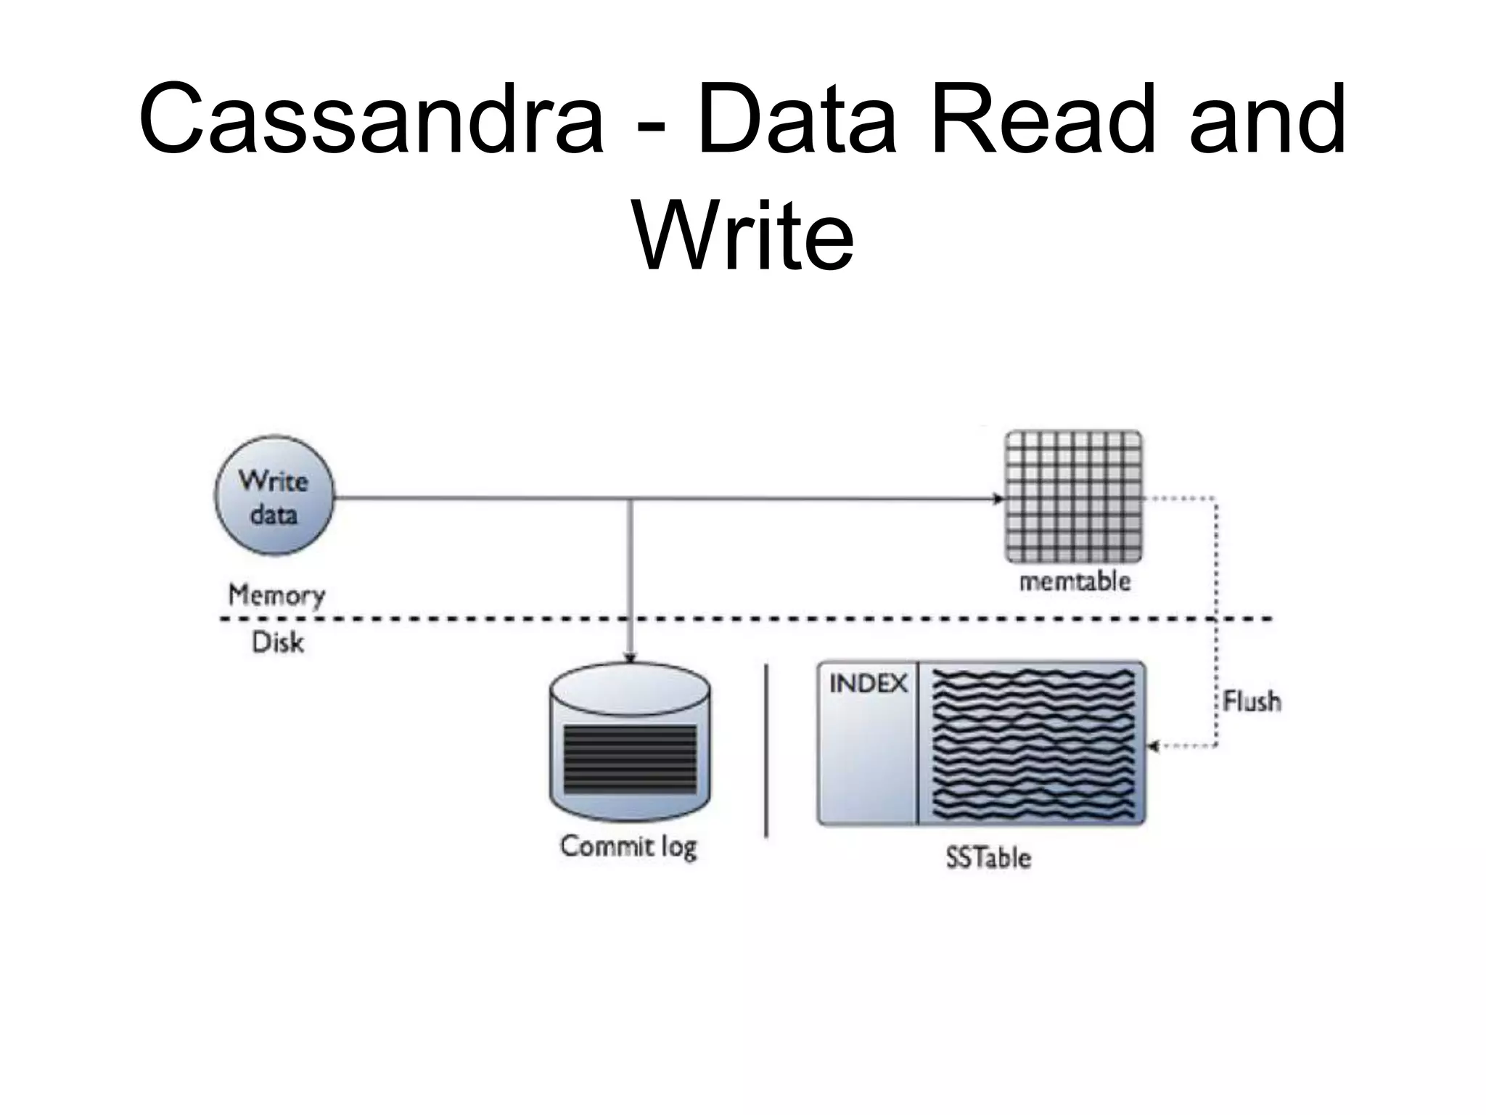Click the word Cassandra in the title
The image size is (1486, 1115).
[371, 120]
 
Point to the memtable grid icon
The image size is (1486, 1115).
[1073, 497]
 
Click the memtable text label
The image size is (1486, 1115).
[1075, 582]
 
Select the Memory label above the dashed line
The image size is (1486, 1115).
[276, 595]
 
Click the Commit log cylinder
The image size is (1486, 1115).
[630, 744]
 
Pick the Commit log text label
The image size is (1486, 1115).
[628, 846]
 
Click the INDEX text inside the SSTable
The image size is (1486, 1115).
[868, 684]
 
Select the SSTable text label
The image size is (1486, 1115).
[988, 858]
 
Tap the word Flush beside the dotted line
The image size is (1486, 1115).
[1252, 701]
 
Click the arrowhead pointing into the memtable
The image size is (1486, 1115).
[999, 499]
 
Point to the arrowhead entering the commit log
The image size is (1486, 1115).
[630, 658]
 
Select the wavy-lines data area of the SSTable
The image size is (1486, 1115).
[1032, 744]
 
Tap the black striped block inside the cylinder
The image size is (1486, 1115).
[630, 759]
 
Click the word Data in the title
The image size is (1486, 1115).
[797, 120]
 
